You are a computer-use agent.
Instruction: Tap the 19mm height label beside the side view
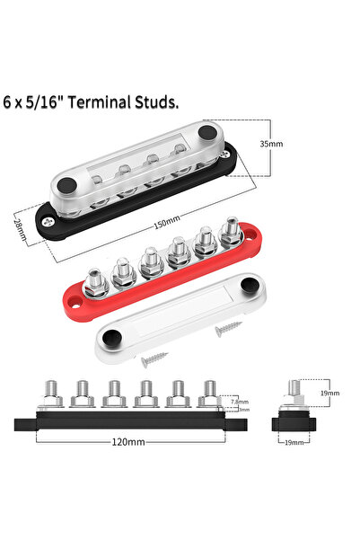tap(329, 393)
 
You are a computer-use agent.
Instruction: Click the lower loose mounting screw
tap(154, 362)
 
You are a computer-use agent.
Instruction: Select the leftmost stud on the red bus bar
tap(92, 280)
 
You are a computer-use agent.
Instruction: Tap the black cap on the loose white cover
tap(113, 337)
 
